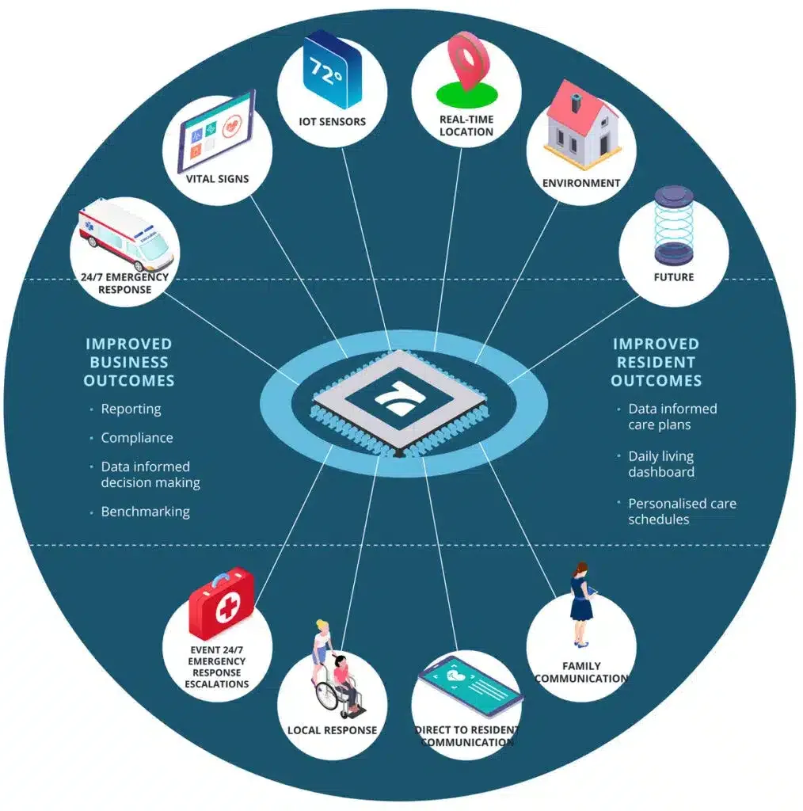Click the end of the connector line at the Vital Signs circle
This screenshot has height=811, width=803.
pos(251,195)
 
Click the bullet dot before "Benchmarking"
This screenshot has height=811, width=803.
pos(92,512)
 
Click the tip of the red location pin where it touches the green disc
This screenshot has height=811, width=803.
pos(467,90)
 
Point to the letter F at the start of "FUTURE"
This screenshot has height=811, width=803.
pos(657,277)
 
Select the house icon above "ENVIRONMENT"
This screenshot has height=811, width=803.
pos(582,125)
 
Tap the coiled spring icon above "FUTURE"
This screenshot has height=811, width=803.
pos(674,224)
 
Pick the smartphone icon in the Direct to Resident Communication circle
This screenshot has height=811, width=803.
pos(470,685)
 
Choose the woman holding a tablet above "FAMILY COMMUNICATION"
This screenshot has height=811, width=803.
pos(583,604)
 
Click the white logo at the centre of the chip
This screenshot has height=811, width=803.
pos(400,399)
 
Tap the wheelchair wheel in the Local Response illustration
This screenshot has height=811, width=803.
pos(327,695)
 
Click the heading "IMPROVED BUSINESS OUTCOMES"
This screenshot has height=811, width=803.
pos(129,362)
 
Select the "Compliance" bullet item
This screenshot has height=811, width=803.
pos(137,437)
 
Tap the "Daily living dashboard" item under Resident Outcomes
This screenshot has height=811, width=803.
pos(661,464)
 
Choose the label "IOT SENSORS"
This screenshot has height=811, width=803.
pos(332,121)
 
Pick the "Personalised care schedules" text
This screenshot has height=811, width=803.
pos(682,511)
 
